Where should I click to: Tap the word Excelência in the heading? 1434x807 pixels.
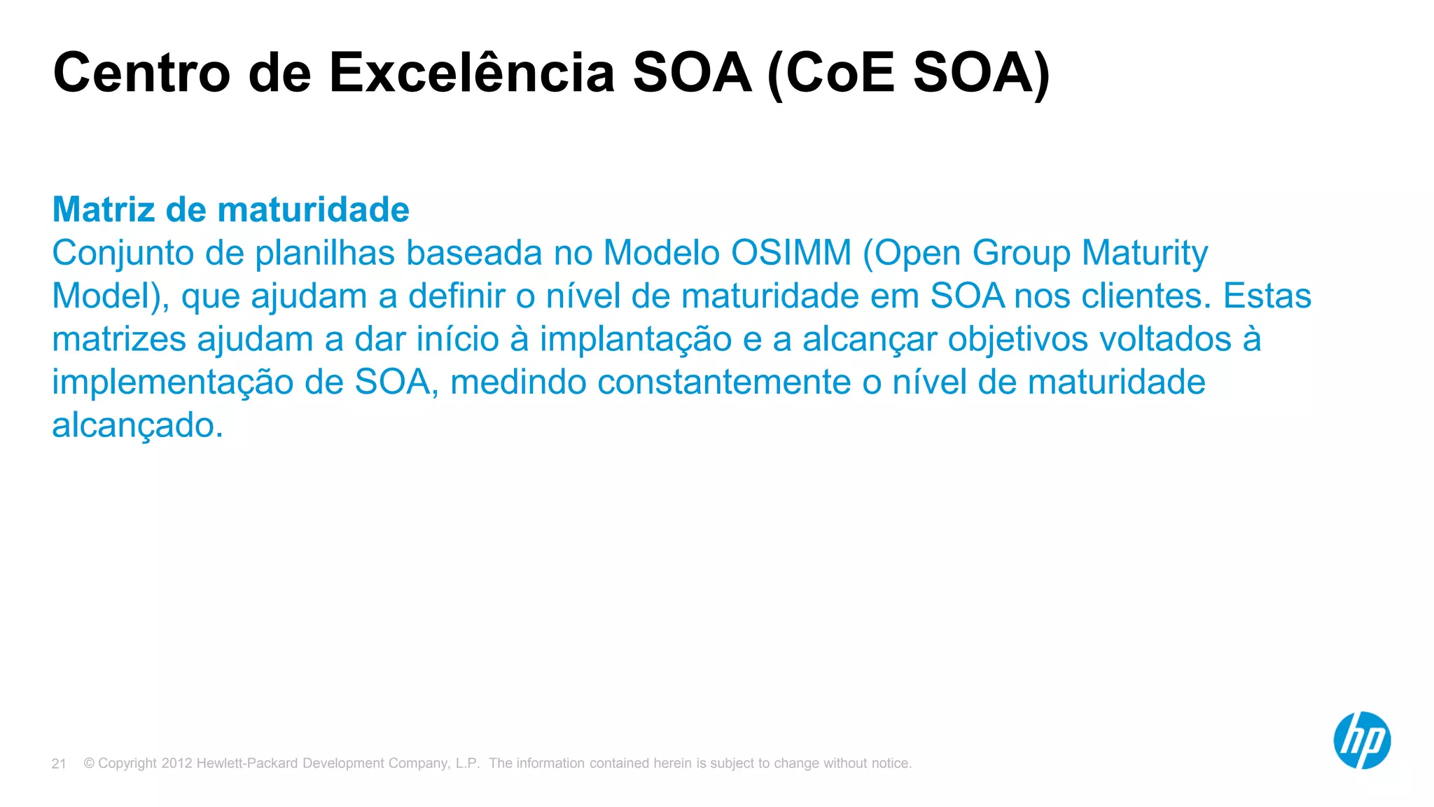(x=472, y=73)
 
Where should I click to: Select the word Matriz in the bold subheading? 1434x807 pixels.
(x=104, y=209)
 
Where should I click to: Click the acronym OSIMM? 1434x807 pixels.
(x=791, y=253)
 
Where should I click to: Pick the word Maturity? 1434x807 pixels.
(x=1145, y=253)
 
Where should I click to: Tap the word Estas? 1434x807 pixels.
(x=1267, y=296)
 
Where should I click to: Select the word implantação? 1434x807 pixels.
(x=635, y=340)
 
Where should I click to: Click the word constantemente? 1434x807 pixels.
(x=724, y=382)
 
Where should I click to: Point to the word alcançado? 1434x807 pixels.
(x=137, y=426)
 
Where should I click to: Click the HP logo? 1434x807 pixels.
(x=1361, y=740)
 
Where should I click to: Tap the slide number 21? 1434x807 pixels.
(x=59, y=764)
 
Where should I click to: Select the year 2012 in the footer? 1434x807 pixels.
(x=176, y=764)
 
